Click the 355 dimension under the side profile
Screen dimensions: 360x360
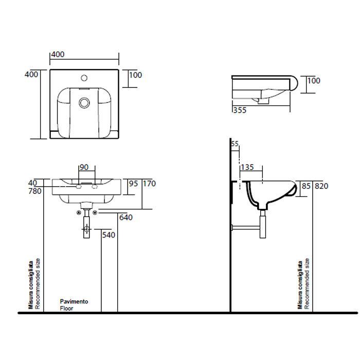click(239, 110)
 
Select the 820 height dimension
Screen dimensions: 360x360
click(321, 186)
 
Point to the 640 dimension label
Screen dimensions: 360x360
click(126, 218)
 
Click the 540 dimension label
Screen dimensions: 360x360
click(109, 236)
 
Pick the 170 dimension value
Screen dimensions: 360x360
click(149, 184)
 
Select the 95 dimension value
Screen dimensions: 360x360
click(133, 184)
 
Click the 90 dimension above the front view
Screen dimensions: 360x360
click(84, 168)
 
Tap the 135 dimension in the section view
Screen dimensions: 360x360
click(248, 167)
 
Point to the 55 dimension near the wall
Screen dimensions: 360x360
click(235, 145)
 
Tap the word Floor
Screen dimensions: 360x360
click(67, 309)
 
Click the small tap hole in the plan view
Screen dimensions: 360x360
click(84, 80)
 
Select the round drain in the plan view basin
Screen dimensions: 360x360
click(84, 103)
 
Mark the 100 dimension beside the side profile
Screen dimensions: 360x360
click(314, 81)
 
